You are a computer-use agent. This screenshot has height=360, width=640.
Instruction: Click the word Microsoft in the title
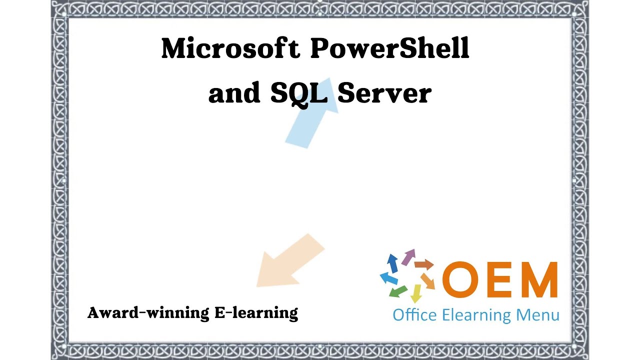click(x=230, y=48)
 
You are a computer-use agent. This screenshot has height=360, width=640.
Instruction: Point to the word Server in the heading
click(x=384, y=93)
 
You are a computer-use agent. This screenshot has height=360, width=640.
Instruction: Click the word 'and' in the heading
click(x=234, y=93)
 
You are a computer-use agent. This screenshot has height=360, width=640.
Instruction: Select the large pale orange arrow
click(x=287, y=261)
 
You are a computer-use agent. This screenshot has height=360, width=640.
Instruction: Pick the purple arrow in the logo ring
click(x=409, y=256)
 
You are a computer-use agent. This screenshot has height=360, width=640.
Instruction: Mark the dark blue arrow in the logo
click(x=393, y=261)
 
